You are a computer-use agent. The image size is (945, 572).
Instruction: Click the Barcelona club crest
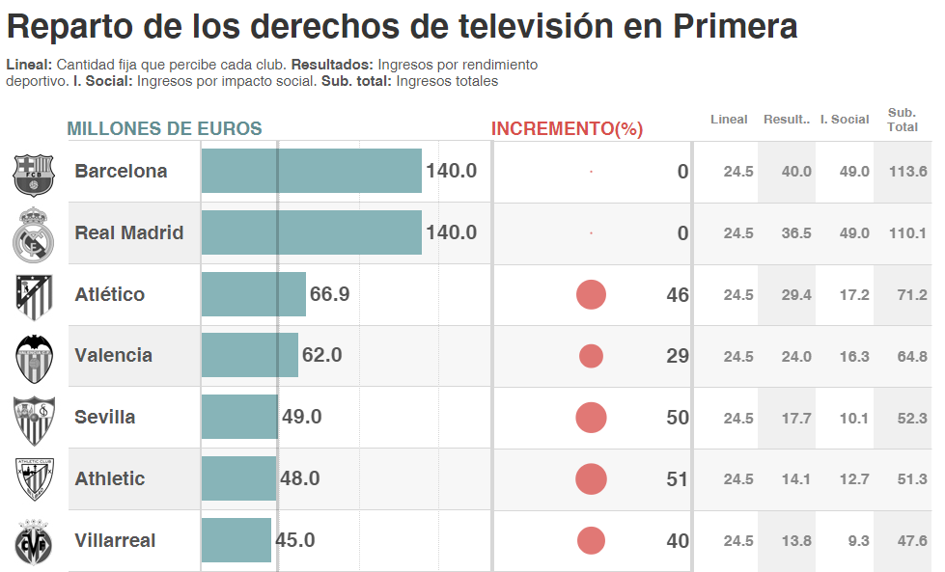(34, 174)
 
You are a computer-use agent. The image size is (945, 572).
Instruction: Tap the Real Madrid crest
(34, 234)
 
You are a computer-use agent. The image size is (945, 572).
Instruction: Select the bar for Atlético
(253, 294)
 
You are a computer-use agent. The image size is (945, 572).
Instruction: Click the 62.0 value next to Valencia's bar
(321, 355)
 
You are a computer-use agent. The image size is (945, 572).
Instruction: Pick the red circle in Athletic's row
(591, 479)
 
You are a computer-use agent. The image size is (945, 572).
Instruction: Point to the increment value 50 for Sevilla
(678, 418)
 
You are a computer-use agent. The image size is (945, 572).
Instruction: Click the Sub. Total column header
(903, 120)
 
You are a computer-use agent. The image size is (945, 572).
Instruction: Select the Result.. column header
(786, 120)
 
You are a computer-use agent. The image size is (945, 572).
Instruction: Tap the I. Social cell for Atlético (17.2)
(853, 295)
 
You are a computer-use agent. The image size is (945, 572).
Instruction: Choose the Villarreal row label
(115, 540)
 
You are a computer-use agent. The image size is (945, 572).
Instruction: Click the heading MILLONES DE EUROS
(164, 129)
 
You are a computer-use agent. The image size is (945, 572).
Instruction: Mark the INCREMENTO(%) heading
(567, 129)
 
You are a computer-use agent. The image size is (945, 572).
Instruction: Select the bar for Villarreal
(236, 540)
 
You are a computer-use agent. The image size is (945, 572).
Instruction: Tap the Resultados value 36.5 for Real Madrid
(796, 233)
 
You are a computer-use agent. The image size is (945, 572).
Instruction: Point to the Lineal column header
(729, 120)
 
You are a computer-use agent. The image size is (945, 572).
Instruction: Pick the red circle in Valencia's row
(591, 356)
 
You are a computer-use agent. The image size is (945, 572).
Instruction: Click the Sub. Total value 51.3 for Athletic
(911, 479)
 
